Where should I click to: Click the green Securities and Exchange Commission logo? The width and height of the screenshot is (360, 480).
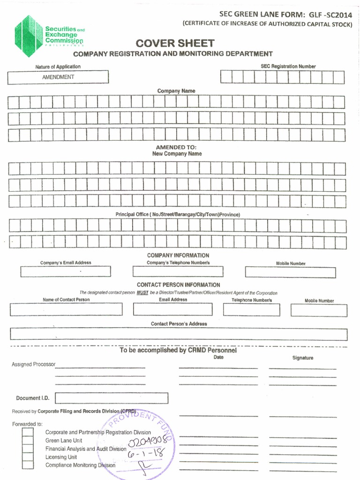pyautogui.click(x=29, y=36)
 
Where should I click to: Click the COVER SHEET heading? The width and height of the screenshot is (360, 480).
pyautogui.click(x=175, y=44)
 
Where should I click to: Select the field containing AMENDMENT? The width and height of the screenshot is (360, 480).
pyautogui.click(x=58, y=77)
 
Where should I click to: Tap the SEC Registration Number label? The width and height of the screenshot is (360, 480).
pyautogui.click(x=288, y=67)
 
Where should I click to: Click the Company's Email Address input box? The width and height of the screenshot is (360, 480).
pyautogui.click(x=66, y=271)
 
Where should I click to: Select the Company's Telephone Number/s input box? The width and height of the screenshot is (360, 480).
pyautogui.click(x=178, y=271)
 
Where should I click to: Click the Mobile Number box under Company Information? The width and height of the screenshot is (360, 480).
pyautogui.click(x=290, y=272)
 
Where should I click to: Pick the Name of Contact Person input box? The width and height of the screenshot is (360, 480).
pyautogui.click(x=66, y=309)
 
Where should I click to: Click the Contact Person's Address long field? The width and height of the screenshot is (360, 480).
pyautogui.click(x=179, y=334)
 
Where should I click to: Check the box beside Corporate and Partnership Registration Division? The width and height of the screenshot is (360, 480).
pyautogui.click(x=28, y=432)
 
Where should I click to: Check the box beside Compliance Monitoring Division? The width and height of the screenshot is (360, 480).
pyautogui.click(x=28, y=465)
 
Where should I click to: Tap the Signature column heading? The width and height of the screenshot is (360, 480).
pyautogui.click(x=302, y=358)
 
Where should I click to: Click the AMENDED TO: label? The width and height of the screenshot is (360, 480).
pyautogui.click(x=176, y=147)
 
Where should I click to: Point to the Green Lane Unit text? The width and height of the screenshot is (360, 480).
pyautogui.click(x=64, y=441)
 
